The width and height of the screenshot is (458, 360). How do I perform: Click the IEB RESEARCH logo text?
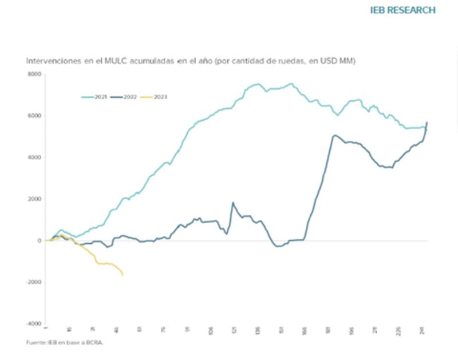(403, 10)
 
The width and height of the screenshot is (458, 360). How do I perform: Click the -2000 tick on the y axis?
(34, 282)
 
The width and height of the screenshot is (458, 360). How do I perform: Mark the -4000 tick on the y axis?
(34, 324)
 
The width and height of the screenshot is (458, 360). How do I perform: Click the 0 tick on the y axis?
(40, 240)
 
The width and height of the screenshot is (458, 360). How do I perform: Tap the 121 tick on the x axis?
(234, 330)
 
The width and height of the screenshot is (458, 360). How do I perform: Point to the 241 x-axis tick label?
(423, 330)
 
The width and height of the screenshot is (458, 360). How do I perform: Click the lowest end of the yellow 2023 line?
(123, 275)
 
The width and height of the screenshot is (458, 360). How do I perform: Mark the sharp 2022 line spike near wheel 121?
(233, 202)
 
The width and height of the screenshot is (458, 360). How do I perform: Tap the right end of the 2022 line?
(427, 122)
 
